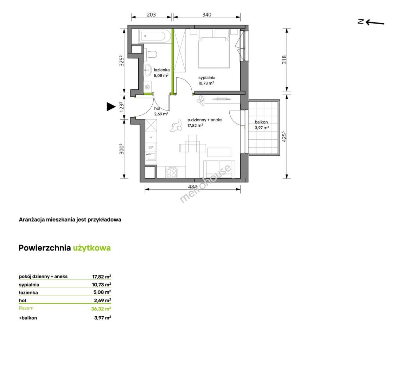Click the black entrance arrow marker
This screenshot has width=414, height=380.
111,107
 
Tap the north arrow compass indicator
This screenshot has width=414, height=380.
371,22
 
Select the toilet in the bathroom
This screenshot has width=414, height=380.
151,54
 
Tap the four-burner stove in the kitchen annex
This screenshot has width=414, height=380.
171,173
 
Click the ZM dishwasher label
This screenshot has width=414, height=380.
151,147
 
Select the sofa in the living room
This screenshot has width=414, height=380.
219,169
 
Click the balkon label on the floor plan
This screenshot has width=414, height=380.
261,122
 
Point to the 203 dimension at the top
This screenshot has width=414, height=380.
151,14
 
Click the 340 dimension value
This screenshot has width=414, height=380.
207,14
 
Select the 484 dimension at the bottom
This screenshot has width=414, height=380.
192,187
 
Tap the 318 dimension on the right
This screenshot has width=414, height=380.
284,60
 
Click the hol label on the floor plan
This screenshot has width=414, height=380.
157,108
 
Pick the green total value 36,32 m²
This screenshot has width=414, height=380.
101,309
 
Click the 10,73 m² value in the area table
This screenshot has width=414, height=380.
102,284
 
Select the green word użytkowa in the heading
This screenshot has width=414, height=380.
92,248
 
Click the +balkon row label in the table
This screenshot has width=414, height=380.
28,318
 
